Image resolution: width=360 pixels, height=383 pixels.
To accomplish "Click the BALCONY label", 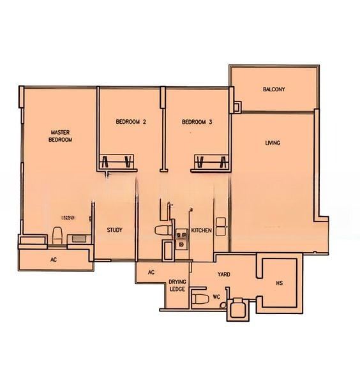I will tap(274, 89).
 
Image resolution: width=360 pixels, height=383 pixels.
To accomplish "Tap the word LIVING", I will tap(273, 143).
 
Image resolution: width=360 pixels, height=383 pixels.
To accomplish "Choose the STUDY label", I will tap(114, 230).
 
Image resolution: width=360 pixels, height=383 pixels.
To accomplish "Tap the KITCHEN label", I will tap(201, 230).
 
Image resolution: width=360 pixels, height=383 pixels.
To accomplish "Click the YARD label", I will tap(223, 274).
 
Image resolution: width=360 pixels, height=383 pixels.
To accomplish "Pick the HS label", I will tap(280, 283).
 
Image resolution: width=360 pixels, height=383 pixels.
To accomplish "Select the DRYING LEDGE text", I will tap(177, 285).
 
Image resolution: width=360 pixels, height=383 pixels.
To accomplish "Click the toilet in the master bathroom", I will tap(57, 236).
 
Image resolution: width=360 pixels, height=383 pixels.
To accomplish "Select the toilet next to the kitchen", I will tap(161, 230).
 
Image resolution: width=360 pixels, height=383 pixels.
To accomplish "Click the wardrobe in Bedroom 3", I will tap(211, 160).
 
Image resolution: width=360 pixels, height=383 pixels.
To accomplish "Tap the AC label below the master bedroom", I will tap(54, 260).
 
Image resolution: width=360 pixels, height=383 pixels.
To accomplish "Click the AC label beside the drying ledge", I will tap(151, 273).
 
